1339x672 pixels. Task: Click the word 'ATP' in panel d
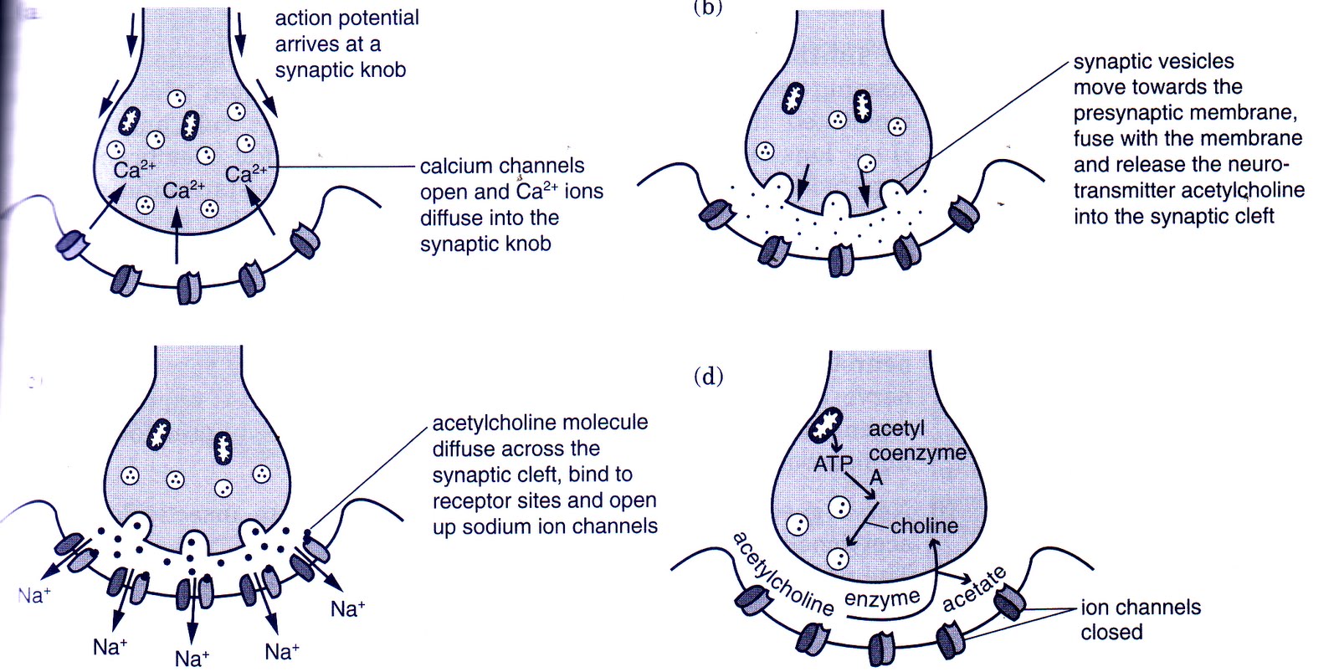[x=833, y=463]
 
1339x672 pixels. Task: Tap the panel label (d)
[x=708, y=377]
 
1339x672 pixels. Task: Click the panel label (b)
[x=708, y=7]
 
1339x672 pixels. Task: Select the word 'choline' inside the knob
[x=924, y=526]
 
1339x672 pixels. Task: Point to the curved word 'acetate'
[x=974, y=589]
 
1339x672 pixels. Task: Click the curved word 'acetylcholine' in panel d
[x=782, y=574]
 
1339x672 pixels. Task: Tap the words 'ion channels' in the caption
[x=1140, y=607]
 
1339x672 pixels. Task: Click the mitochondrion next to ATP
[x=826, y=425]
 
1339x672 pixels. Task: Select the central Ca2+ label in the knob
[x=183, y=191]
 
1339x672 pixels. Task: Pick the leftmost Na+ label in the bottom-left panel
[x=33, y=596]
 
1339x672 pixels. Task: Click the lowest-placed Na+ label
[x=192, y=659]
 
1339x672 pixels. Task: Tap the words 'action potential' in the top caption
[x=346, y=18]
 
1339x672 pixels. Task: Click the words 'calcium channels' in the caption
[x=501, y=166]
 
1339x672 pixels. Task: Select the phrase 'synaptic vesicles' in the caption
[x=1153, y=61]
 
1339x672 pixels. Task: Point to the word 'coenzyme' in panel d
[x=916, y=453]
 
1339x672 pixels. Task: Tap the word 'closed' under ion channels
[x=1111, y=632]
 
